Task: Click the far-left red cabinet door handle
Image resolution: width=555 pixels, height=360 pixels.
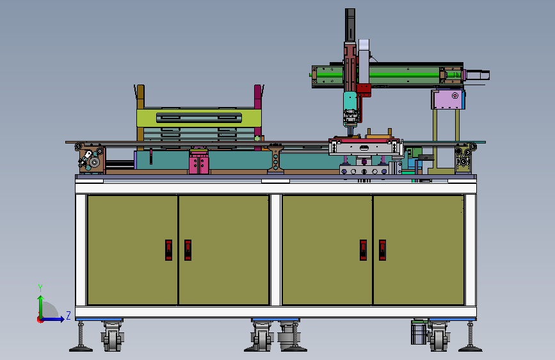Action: [168, 250]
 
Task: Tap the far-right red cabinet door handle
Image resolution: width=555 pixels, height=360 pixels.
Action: [382, 250]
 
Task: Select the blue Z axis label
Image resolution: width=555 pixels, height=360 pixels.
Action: [68, 315]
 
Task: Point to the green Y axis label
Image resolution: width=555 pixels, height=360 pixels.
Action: [40, 288]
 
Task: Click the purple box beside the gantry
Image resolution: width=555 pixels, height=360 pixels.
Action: [447, 99]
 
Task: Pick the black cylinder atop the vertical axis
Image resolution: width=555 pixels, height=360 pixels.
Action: [350, 25]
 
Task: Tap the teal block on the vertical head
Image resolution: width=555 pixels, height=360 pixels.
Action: [350, 101]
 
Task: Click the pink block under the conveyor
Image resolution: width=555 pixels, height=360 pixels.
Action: [199, 161]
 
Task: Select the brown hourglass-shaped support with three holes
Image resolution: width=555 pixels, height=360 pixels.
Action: [275, 160]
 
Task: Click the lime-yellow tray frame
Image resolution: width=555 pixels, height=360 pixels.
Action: [199, 118]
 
